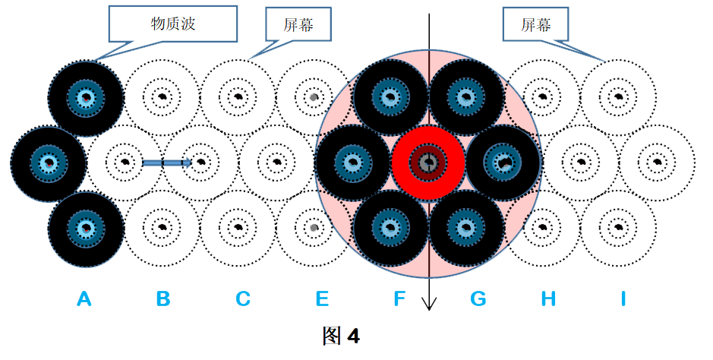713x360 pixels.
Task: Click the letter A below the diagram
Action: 84,298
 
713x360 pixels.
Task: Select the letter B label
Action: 163,298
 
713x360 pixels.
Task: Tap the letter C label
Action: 243,298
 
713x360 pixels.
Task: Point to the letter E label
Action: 322,298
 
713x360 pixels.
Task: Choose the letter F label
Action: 399,298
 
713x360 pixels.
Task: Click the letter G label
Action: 478,298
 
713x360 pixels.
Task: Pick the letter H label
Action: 548,298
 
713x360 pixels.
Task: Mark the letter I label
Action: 623,298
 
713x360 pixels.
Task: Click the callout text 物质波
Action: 173,24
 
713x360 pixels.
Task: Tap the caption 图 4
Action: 341,336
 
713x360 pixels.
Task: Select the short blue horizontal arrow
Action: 167,163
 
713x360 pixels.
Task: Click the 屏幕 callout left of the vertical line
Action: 298,25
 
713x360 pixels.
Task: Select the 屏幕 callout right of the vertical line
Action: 535,25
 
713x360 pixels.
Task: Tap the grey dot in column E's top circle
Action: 313,96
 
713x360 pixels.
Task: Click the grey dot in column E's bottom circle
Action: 313,227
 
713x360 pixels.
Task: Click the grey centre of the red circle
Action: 427,161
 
